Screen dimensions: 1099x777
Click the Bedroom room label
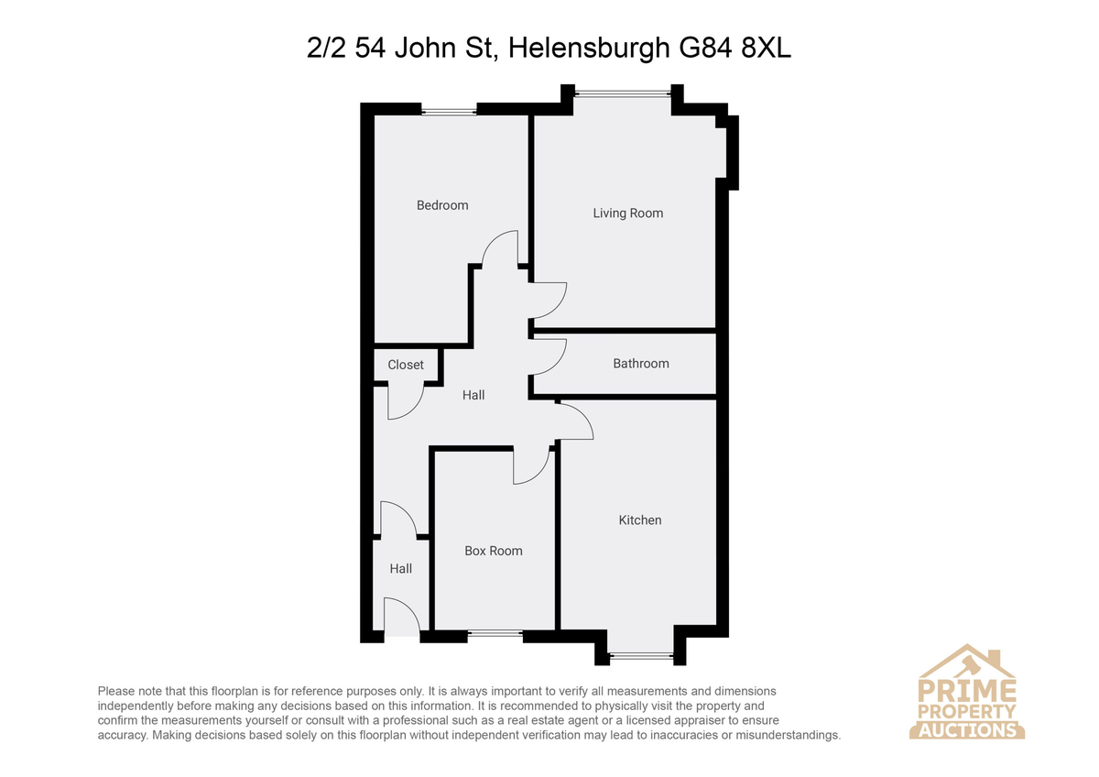coord(442,205)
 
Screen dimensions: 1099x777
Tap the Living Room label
coord(627,213)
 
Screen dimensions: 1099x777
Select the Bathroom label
coord(641,363)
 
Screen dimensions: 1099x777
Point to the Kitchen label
coord(640,520)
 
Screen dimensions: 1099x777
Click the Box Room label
coord(493,551)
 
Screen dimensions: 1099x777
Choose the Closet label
coord(405,365)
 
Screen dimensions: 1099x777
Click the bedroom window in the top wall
coord(449,112)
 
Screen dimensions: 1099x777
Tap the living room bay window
coord(623,93)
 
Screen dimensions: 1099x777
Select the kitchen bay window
coord(641,654)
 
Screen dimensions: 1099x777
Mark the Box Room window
coord(495,633)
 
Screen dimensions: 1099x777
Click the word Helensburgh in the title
coord(589,48)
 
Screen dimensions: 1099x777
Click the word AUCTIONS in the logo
coord(967,730)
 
